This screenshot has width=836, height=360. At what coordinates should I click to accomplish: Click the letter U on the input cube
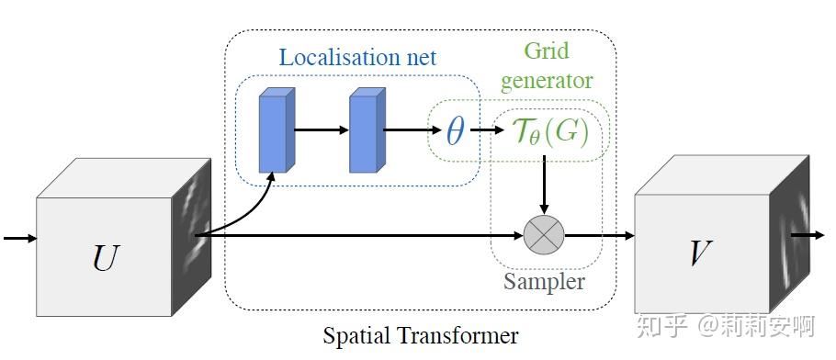tap(106, 259)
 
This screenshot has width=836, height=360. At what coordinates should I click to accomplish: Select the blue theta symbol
tap(455, 132)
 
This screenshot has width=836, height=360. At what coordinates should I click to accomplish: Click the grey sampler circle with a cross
tap(544, 236)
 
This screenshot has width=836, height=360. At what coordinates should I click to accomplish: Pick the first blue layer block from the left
tap(274, 130)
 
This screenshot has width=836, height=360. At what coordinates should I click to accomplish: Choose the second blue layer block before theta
tap(364, 130)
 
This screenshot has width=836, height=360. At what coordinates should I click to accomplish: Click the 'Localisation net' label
tap(357, 57)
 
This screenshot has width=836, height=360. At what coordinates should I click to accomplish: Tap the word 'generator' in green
tap(546, 81)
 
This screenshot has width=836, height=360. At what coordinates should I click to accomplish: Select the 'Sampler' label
tap(544, 281)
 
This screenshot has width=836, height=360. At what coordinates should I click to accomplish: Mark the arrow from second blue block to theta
tap(407, 130)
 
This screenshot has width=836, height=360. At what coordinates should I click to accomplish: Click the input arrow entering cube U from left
tap(19, 239)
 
